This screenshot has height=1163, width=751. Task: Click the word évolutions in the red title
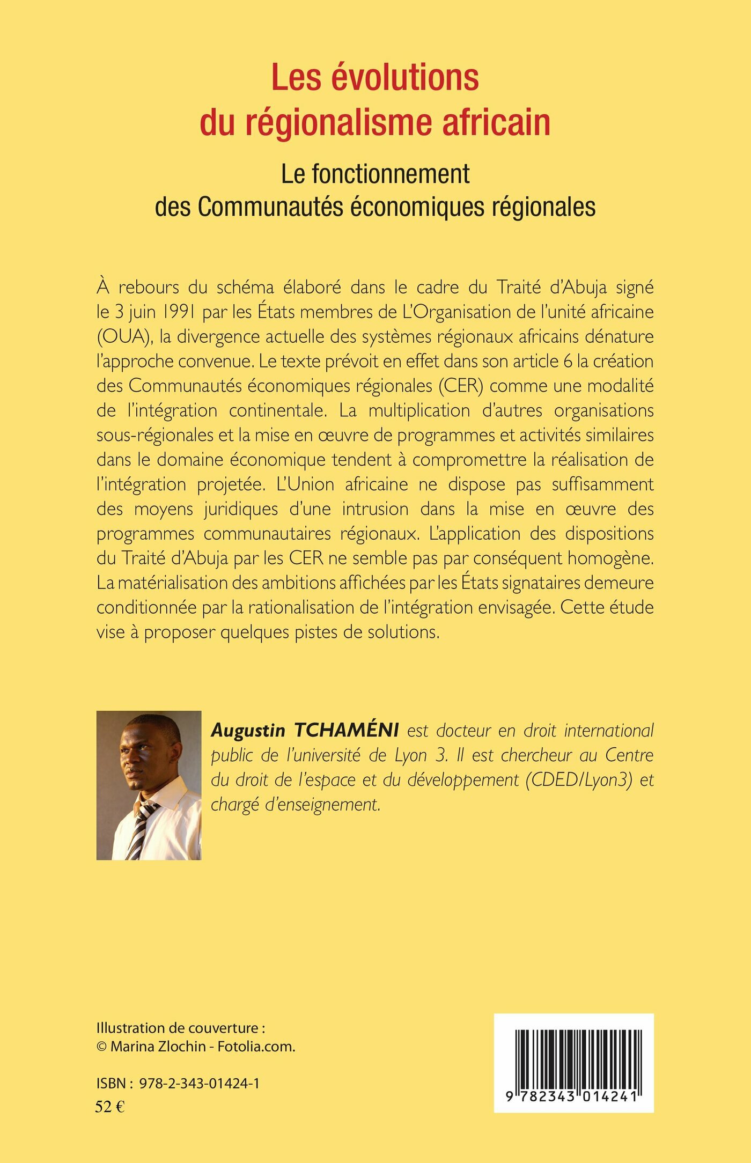(x=404, y=78)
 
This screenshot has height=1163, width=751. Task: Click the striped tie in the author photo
(x=141, y=828)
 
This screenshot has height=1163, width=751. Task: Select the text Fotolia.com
(x=256, y=1047)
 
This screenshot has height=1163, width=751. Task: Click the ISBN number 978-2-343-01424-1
(x=199, y=1083)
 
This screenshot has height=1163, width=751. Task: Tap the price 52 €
(x=109, y=1107)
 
